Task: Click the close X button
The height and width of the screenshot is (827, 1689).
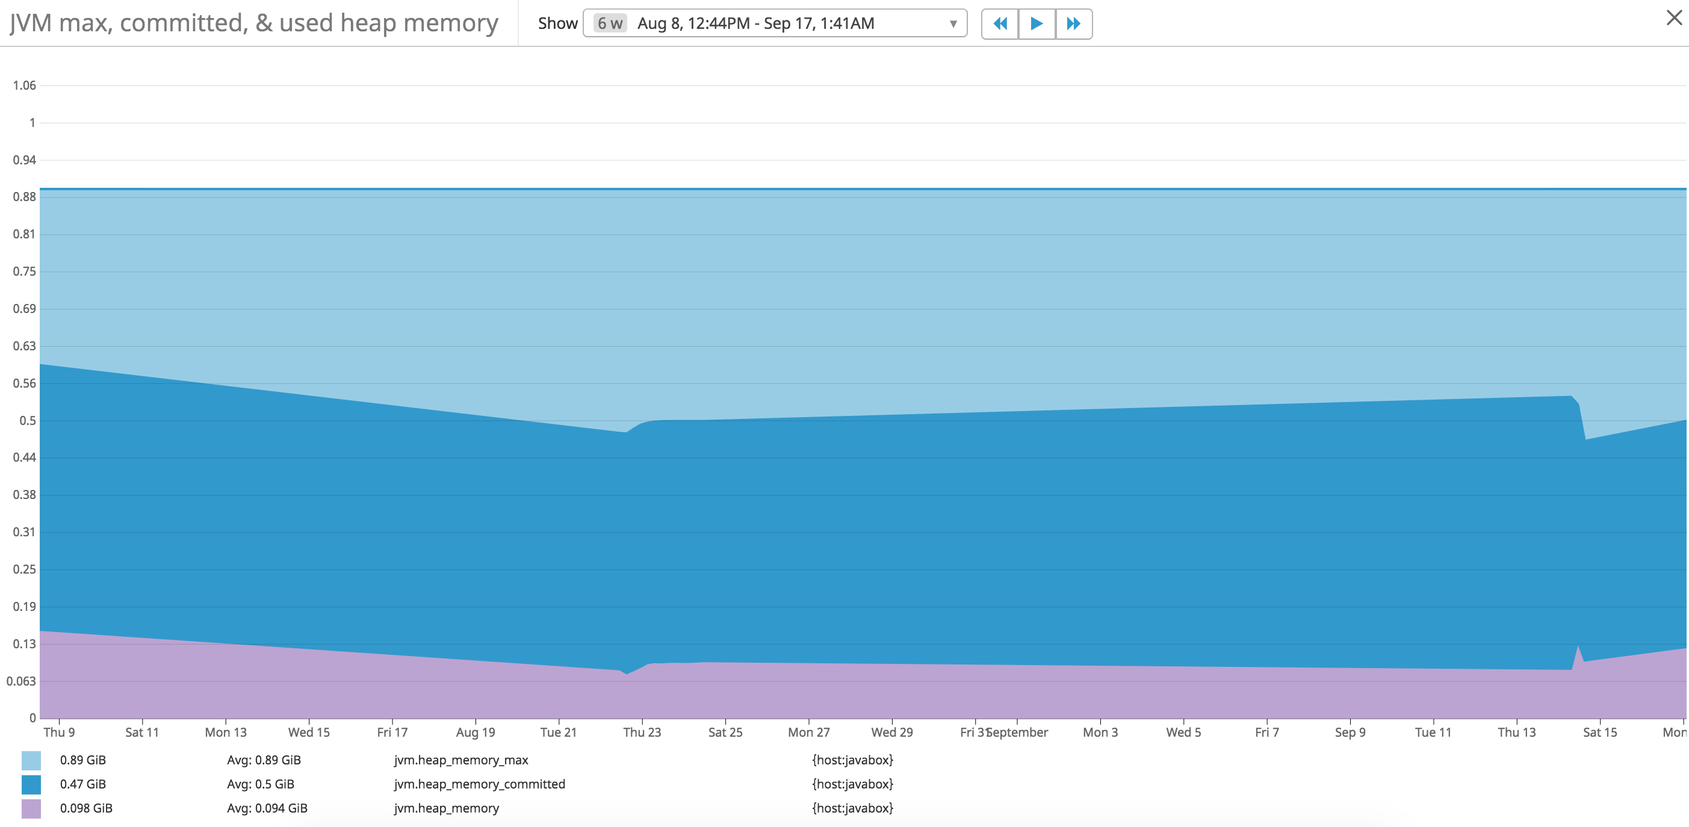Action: [x=1673, y=19]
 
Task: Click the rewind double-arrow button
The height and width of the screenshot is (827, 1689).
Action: [x=999, y=24]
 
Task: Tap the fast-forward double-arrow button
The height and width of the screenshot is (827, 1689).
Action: [x=1073, y=24]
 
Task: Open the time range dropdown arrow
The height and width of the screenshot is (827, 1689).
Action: [x=953, y=24]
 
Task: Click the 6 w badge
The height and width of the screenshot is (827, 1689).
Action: [x=610, y=23]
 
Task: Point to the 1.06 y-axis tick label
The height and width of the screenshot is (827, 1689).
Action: [x=24, y=85]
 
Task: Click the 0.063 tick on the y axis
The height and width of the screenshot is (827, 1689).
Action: [x=21, y=681]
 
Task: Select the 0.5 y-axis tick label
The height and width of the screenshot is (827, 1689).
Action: [x=28, y=420]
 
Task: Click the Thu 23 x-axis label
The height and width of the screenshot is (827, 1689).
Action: [x=642, y=733]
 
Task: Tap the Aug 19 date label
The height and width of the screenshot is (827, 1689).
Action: [x=476, y=733]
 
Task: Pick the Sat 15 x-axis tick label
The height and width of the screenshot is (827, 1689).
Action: [x=1600, y=733]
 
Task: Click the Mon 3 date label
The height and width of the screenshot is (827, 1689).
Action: [x=1100, y=733]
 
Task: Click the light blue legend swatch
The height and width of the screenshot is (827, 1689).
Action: [x=31, y=761]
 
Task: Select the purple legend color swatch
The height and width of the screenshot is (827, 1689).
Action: [x=31, y=808]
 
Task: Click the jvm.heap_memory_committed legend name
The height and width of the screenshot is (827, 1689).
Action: [x=479, y=784]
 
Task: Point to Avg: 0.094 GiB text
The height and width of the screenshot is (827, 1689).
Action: [x=267, y=808]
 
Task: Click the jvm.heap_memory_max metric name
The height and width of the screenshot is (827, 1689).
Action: [x=461, y=760]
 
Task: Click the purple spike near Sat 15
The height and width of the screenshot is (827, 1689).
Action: [x=1578, y=653]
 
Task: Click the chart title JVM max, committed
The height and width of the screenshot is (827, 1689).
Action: [x=254, y=23]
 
